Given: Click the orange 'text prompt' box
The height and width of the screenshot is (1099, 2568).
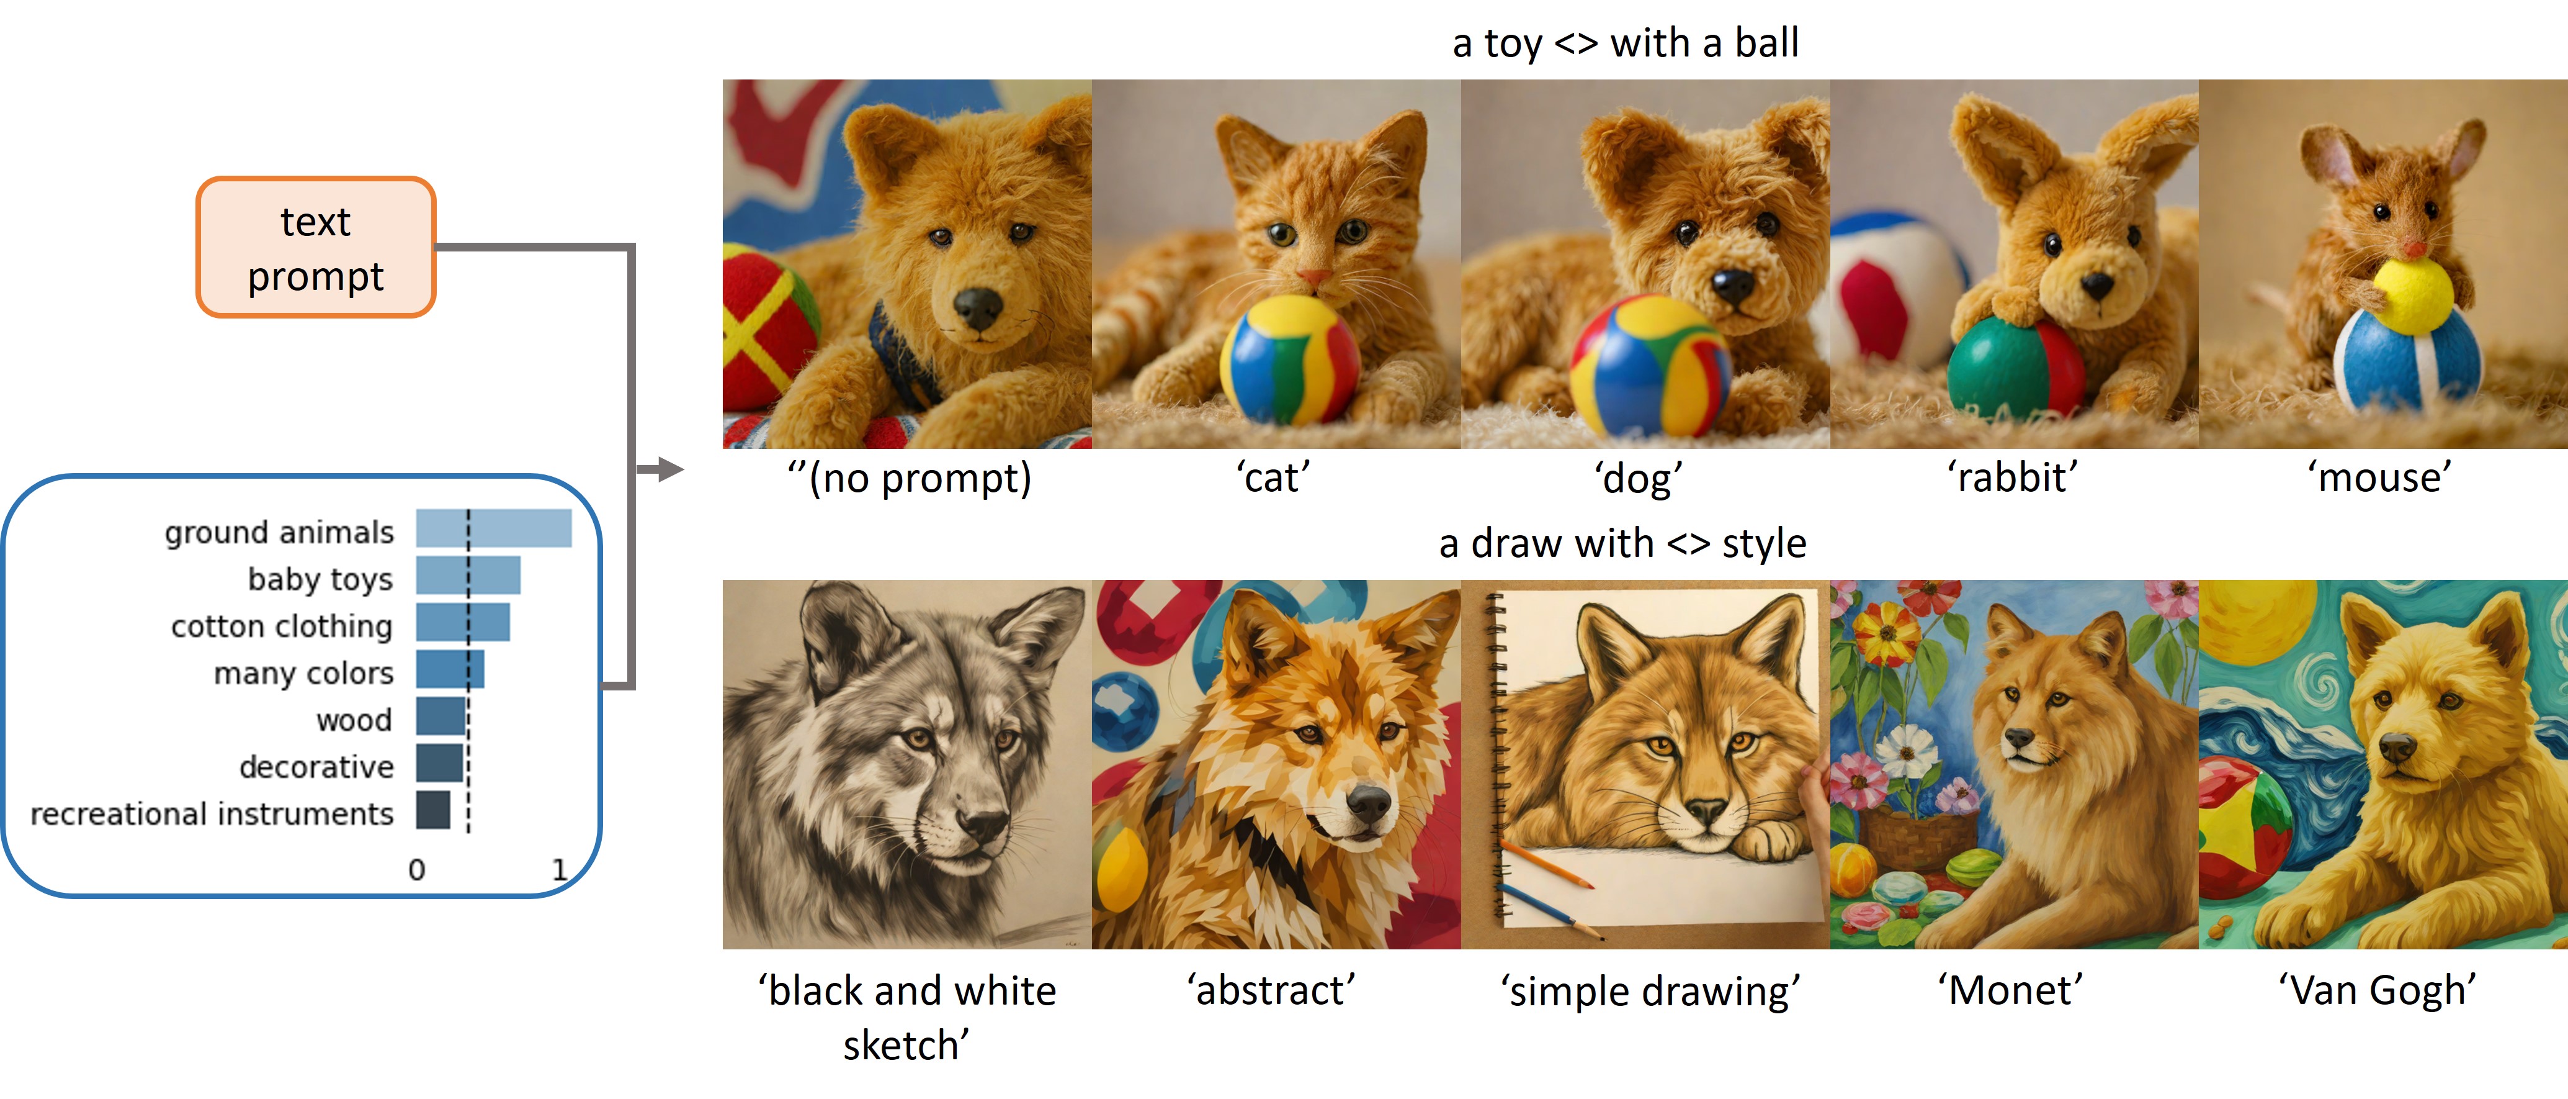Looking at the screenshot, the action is click(316, 247).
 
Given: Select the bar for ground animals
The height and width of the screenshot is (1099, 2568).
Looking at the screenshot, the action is click(493, 528).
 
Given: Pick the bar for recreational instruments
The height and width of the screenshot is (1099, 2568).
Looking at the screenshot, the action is click(432, 810).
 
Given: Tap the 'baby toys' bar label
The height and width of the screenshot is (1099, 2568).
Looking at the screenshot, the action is click(320, 579).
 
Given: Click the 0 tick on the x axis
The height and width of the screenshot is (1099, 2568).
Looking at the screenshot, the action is click(417, 871).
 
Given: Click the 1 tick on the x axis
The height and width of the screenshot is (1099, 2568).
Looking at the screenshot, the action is click(559, 871).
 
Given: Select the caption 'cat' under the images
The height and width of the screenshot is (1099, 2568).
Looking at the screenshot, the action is click(1273, 477).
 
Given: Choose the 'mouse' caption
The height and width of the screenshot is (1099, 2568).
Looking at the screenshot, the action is click(2379, 477).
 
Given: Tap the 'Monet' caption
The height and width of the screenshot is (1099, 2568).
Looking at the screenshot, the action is click(2010, 990).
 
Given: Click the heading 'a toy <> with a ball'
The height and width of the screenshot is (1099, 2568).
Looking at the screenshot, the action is click(1625, 43).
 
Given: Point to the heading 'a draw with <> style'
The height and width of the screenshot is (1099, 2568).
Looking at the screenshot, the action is click(1622, 543).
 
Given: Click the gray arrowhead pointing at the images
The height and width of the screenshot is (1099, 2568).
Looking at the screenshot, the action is click(671, 469).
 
